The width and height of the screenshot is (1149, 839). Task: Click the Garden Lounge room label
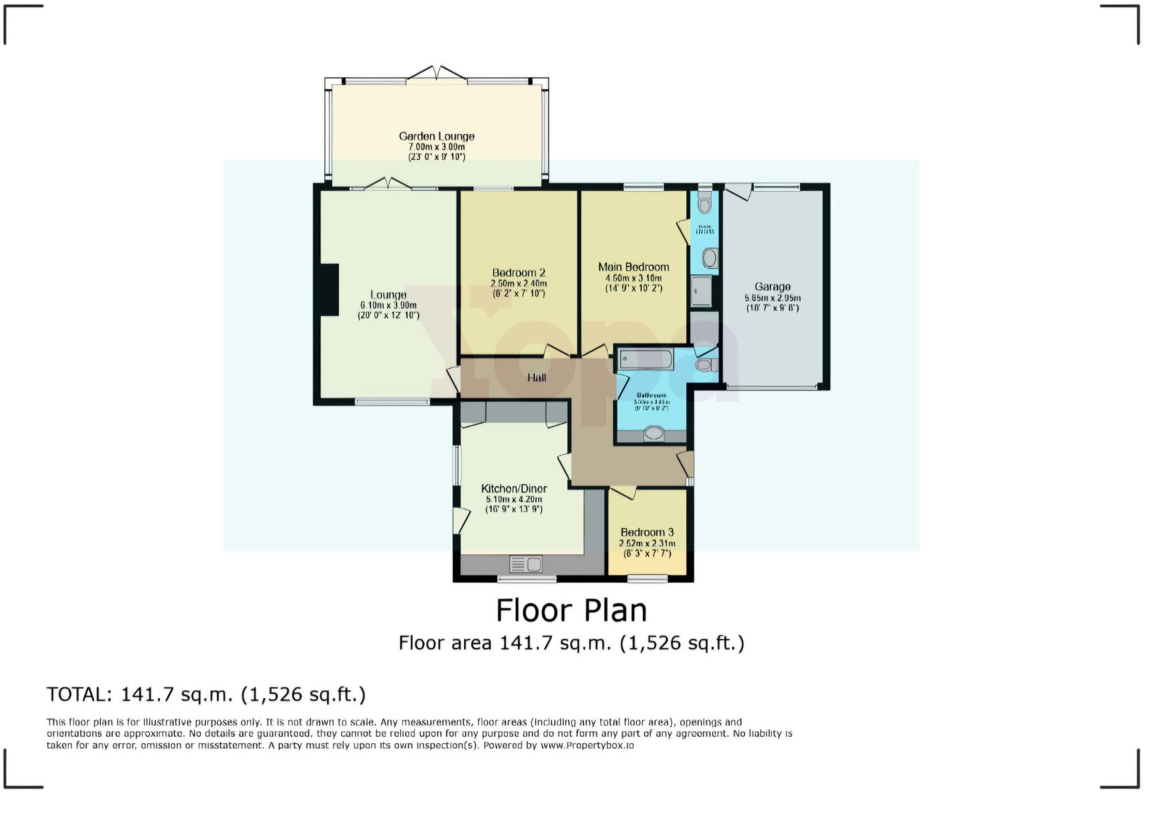(436, 136)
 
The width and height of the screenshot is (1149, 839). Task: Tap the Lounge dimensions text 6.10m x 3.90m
(388, 305)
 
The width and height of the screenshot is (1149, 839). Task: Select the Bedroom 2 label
(518, 273)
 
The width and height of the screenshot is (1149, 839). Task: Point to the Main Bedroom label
(633, 267)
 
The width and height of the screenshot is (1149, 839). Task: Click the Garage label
(773, 287)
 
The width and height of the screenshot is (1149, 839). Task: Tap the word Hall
(536, 377)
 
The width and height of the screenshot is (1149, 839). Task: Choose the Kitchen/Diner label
(514, 488)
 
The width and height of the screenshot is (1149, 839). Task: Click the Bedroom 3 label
(647, 532)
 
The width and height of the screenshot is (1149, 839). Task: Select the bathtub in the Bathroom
(645, 359)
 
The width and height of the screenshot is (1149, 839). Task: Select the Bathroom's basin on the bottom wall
(653, 434)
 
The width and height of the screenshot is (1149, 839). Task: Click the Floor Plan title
(571, 611)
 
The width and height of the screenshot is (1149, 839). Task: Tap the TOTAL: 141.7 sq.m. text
(206, 694)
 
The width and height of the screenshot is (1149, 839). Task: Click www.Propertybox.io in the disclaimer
(587, 746)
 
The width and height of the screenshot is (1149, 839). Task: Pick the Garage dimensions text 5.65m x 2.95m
(773, 298)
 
